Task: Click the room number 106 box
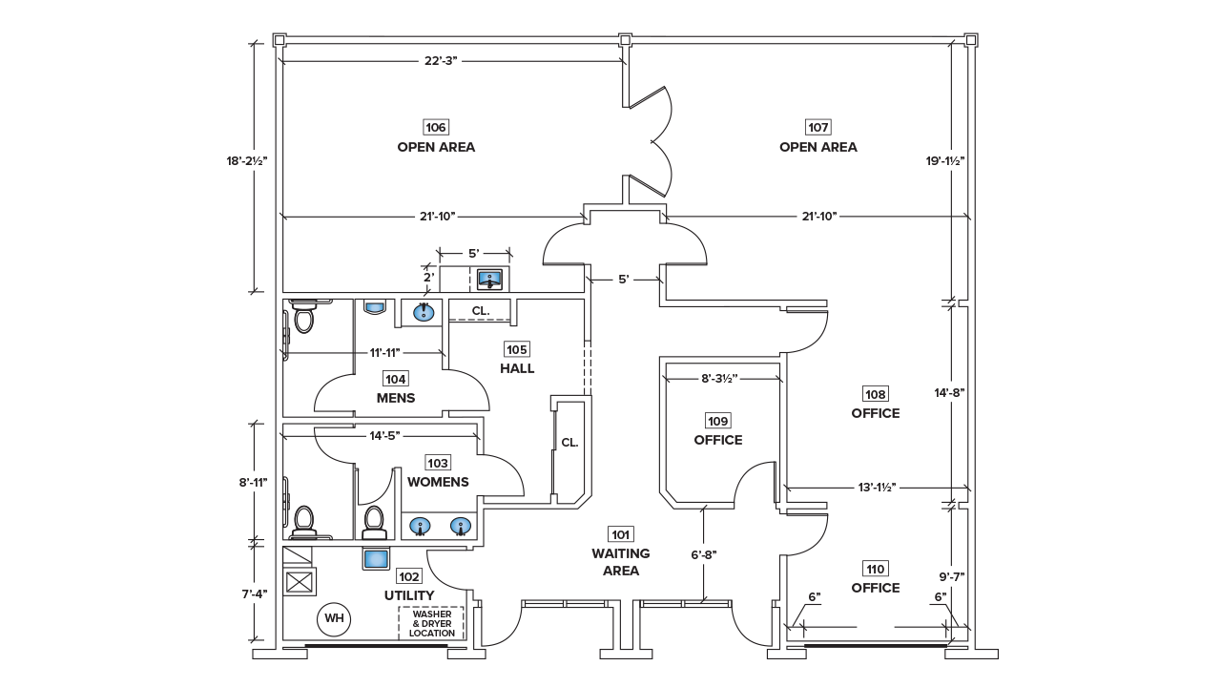coord(436,127)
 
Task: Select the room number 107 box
coord(817,127)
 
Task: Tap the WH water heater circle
coord(334,618)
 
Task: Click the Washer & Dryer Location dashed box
coord(431,624)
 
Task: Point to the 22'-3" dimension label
coord(441,60)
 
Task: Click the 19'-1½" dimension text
coord(945,160)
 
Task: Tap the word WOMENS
coord(438,482)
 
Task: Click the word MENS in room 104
coord(395,398)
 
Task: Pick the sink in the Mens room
coord(423,311)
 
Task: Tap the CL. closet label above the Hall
coord(481,310)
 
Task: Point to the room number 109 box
coord(717,421)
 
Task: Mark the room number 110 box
coord(875,569)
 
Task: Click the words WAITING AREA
coord(620,562)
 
